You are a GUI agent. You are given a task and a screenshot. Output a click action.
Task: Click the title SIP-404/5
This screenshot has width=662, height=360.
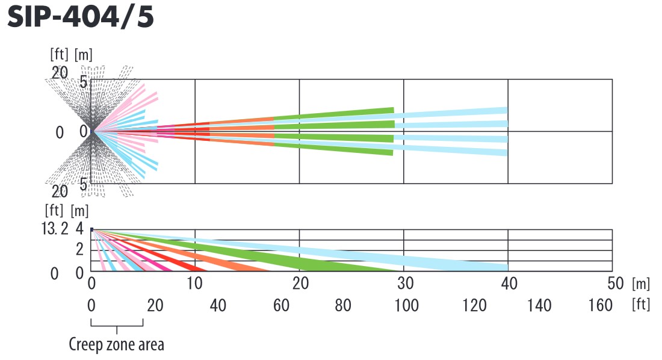tap(81, 17)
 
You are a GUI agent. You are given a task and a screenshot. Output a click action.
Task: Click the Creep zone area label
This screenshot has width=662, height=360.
tap(116, 345)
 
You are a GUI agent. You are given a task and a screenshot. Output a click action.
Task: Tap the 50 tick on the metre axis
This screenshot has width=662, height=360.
tap(611, 282)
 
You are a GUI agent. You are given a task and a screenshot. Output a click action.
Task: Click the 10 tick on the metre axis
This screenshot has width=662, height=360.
tap(194, 282)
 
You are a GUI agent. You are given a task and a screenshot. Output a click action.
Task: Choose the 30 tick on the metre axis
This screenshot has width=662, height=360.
tap(403, 282)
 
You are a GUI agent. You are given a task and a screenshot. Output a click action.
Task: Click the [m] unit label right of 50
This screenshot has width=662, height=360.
tap(641, 282)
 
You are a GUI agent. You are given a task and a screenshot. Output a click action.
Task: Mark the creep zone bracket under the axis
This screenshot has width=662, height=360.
tap(117, 326)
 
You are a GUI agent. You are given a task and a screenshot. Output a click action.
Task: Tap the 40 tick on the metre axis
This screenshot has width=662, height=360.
tap(508, 282)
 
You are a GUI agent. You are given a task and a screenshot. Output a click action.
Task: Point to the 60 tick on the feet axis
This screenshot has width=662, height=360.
tap(281, 305)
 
